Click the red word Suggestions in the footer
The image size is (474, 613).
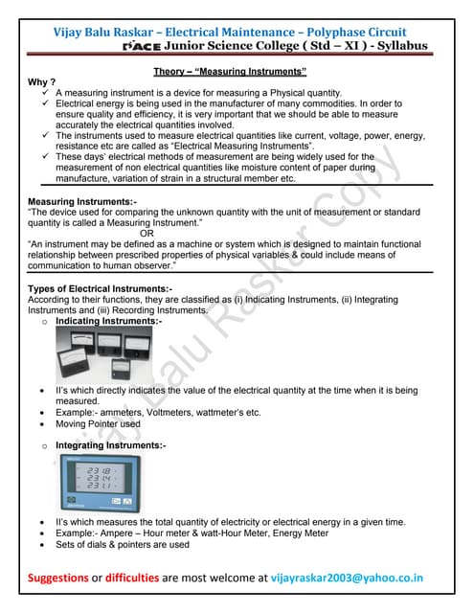pyautogui.click(x=70, y=578)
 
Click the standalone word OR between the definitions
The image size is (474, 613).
pyautogui.click(x=146, y=231)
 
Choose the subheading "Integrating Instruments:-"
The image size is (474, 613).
pyautogui.click(x=110, y=445)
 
